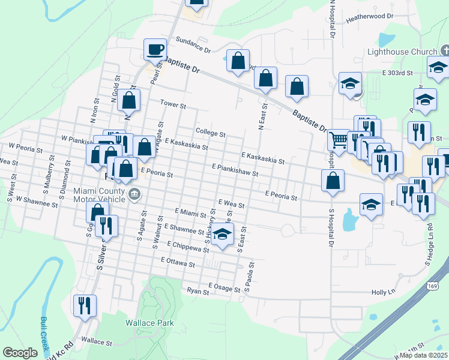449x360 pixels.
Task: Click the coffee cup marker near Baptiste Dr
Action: (x=155, y=49)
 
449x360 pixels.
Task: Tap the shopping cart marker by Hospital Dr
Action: (x=339, y=140)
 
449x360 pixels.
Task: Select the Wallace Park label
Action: (x=149, y=323)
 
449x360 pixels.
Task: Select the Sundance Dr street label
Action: (x=193, y=44)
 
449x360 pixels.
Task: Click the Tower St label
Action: (x=173, y=104)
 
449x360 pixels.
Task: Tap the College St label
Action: (x=211, y=133)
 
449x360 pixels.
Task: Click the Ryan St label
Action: (x=197, y=292)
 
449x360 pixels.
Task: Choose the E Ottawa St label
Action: (x=178, y=263)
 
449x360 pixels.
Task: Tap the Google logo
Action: (x=20, y=352)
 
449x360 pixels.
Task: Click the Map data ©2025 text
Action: (x=423, y=355)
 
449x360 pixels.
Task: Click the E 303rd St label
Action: (x=398, y=73)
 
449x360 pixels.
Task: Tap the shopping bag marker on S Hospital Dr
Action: (x=333, y=181)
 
